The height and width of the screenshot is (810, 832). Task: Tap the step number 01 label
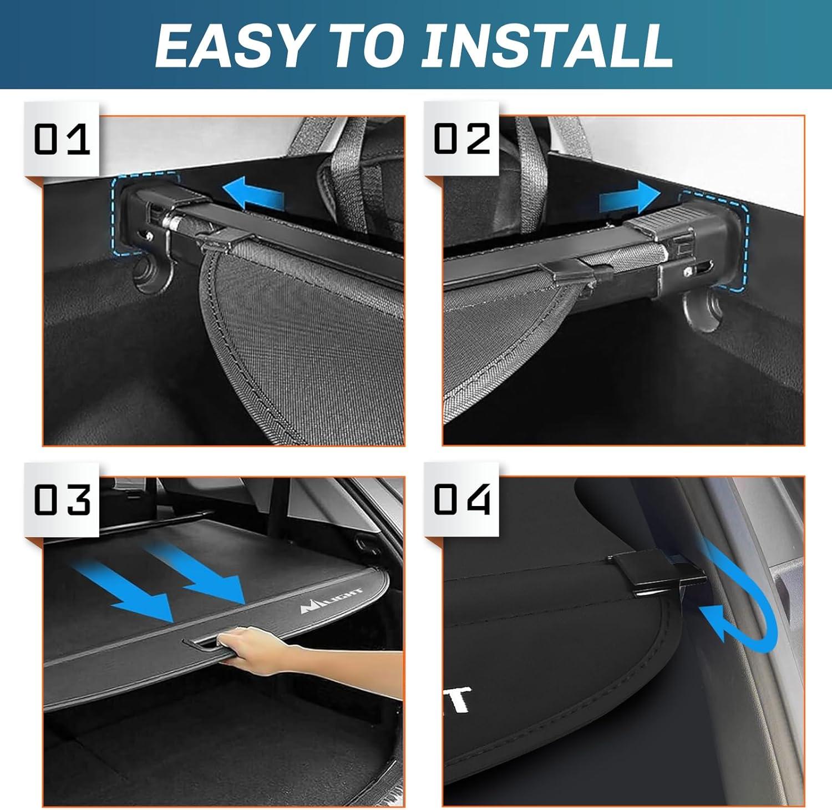(62, 139)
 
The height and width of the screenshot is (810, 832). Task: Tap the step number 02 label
(461, 139)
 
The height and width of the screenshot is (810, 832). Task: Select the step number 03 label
(62, 499)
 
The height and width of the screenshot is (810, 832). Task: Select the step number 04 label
(461, 499)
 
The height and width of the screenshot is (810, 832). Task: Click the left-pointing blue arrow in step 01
(253, 194)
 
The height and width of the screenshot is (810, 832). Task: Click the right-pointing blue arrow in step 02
(630, 198)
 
